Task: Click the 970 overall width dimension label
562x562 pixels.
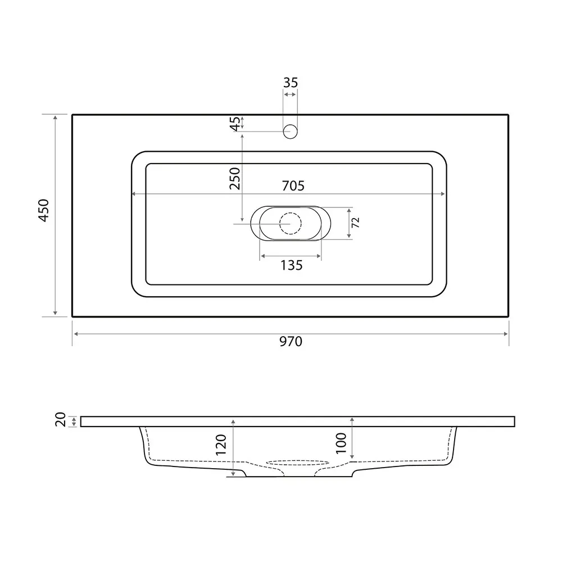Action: pyautogui.click(x=291, y=342)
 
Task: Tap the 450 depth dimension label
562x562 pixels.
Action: pyautogui.click(x=44, y=210)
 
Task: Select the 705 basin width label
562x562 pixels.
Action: pyautogui.click(x=293, y=185)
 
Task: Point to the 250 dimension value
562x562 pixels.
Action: pyautogui.click(x=235, y=179)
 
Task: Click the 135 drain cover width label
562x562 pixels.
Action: pyautogui.click(x=291, y=265)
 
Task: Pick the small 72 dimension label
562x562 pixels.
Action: pyautogui.click(x=355, y=223)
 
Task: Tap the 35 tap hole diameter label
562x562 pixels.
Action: pyautogui.click(x=291, y=83)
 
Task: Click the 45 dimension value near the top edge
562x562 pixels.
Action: pyautogui.click(x=235, y=124)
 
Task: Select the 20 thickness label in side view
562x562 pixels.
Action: pyautogui.click(x=61, y=419)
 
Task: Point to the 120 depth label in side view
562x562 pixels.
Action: pyautogui.click(x=221, y=445)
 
